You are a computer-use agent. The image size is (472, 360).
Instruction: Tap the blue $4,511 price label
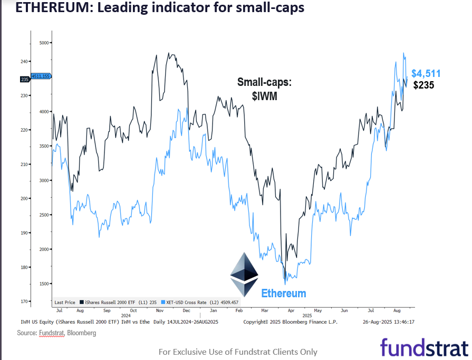pyautogui.click(x=426, y=73)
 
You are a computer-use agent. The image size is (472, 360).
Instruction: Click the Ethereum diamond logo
pyautogui.click(x=244, y=274)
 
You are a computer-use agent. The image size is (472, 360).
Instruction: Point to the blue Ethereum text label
pyautogui.click(x=283, y=293)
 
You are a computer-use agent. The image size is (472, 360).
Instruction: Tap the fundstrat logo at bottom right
pyautogui.click(x=424, y=348)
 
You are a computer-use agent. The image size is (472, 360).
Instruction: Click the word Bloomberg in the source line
pyautogui.click(x=82, y=333)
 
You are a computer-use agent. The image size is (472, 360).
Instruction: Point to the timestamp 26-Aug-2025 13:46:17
pyautogui.click(x=389, y=321)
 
